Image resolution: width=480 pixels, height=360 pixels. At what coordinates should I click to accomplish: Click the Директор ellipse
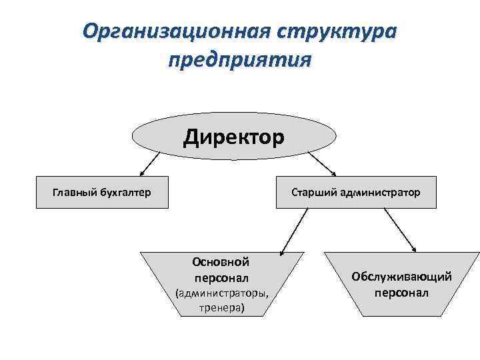pos(234,137)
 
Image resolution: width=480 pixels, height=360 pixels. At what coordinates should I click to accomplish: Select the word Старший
pos(313,193)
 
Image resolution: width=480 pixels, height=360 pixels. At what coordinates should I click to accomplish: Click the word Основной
pos(221,262)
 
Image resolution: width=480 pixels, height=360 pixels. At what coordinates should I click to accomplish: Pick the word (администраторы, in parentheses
pos(221,293)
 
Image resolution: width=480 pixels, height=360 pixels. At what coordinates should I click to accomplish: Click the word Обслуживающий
pos(401,276)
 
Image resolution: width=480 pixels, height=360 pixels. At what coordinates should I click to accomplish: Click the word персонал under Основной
pos(221,277)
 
